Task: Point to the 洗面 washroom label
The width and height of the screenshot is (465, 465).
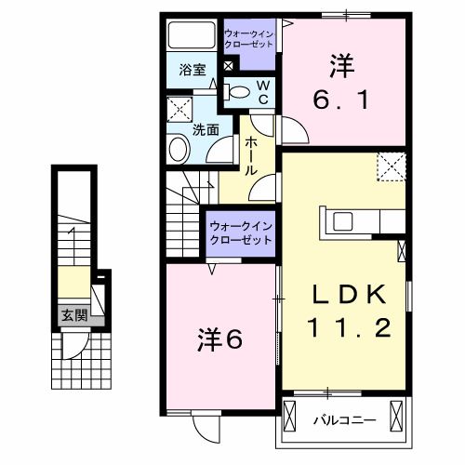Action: [x=205, y=130]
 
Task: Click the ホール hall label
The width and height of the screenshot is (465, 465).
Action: [x=251, y=155]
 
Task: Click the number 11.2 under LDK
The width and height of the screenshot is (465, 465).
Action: [x=347, y=327]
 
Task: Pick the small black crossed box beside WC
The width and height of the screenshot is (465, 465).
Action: [x=228, y=66]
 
